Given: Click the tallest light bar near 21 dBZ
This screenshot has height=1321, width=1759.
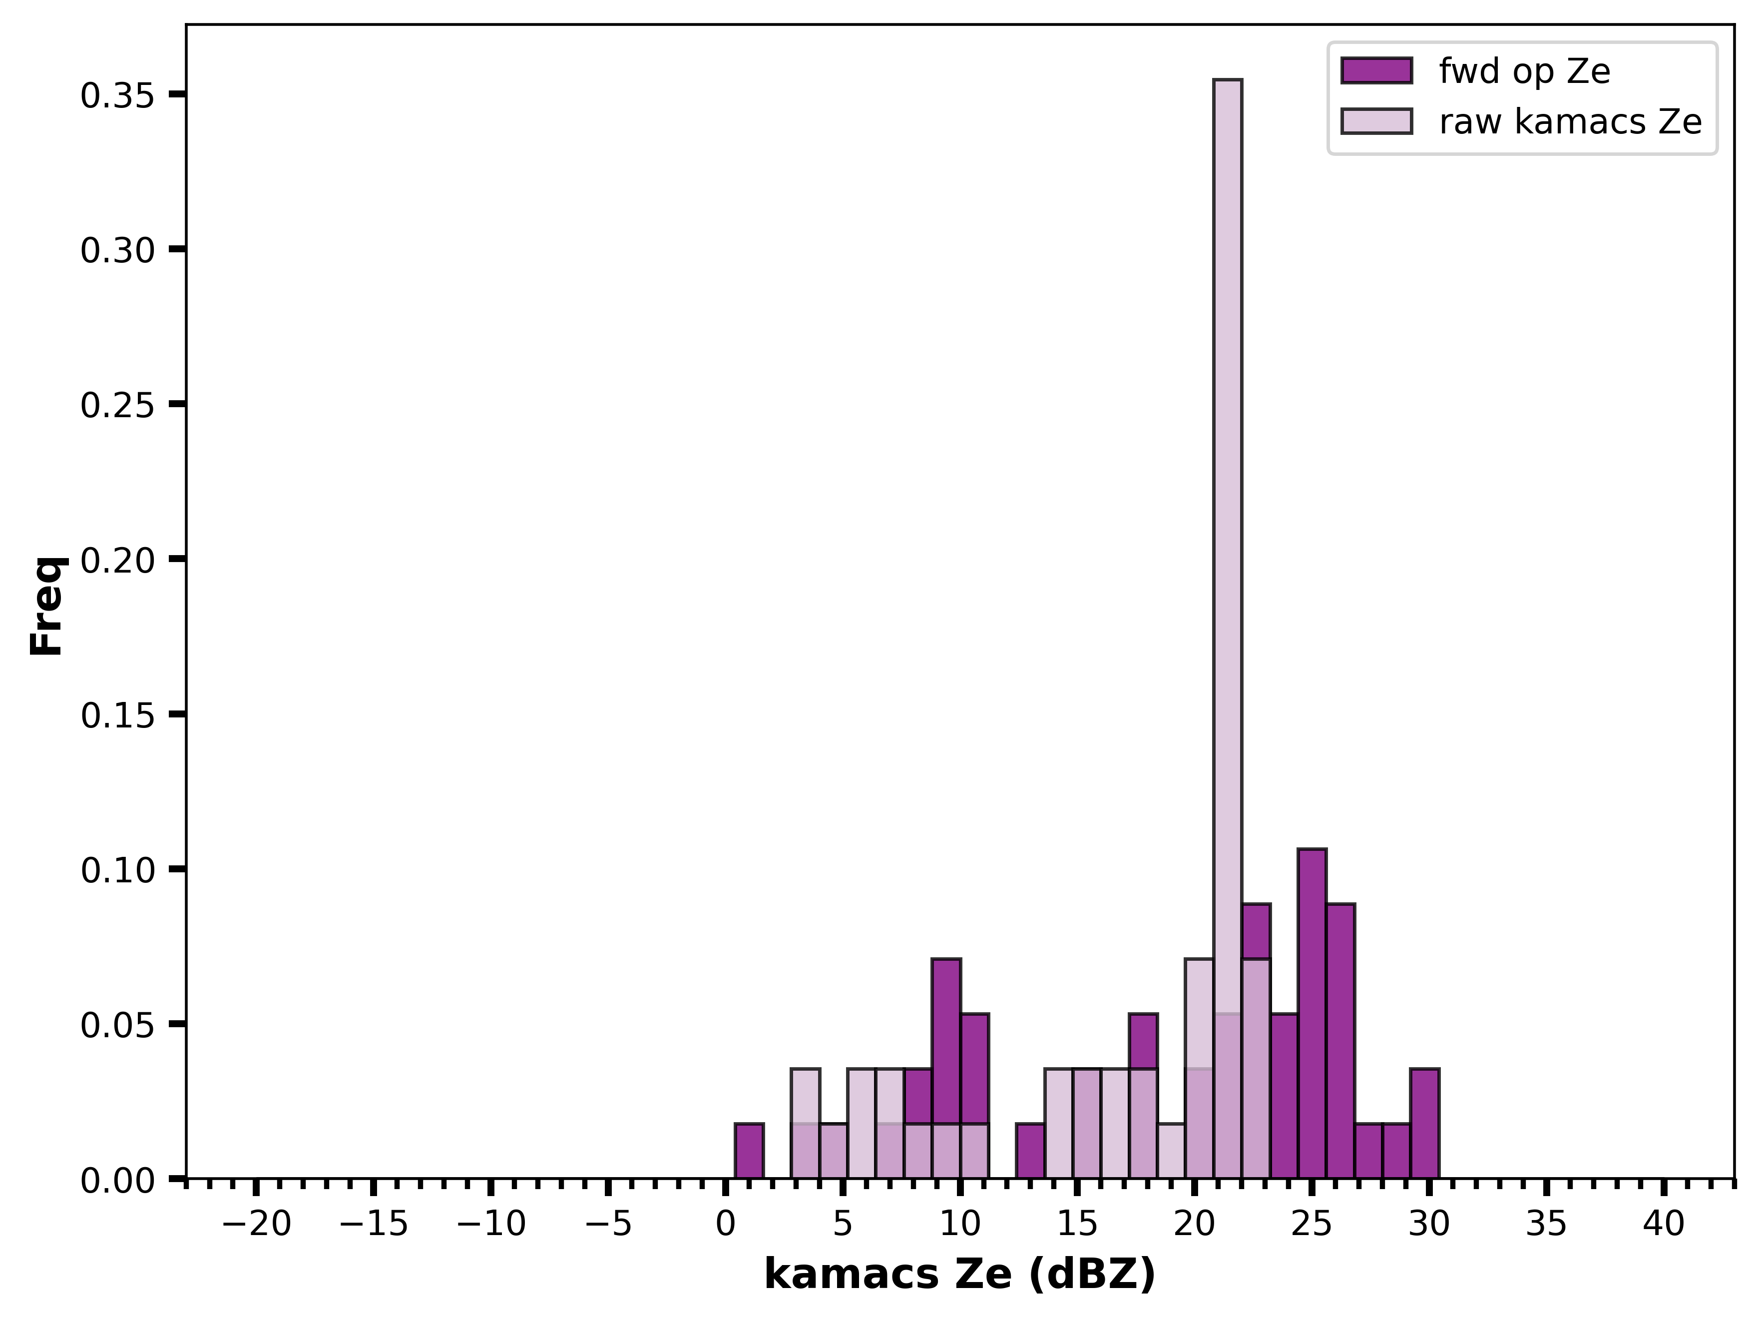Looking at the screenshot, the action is click(1227, 629).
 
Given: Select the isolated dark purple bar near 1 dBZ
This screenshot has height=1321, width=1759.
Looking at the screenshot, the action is click(749, 1151).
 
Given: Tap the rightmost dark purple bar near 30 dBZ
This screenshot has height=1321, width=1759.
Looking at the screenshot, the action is click(1424, 1124).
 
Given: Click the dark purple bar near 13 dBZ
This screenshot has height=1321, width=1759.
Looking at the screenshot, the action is click(1031, 1151).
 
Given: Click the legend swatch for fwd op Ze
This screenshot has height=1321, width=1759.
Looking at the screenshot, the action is click(1376, 71).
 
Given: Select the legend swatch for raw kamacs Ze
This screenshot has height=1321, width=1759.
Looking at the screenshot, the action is click(1376, 121).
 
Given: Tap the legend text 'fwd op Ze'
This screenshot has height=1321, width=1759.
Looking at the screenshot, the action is click(1524, 71).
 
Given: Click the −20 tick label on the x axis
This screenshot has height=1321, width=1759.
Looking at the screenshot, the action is click(257, 1225).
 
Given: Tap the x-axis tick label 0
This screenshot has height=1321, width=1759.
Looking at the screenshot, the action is click(725, 1225).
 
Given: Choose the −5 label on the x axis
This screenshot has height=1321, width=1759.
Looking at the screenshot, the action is click(608, 1225).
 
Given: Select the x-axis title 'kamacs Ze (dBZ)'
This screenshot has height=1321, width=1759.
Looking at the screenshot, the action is click(960, 1276).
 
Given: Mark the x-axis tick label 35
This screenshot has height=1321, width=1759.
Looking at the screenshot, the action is click(1547, 1225).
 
